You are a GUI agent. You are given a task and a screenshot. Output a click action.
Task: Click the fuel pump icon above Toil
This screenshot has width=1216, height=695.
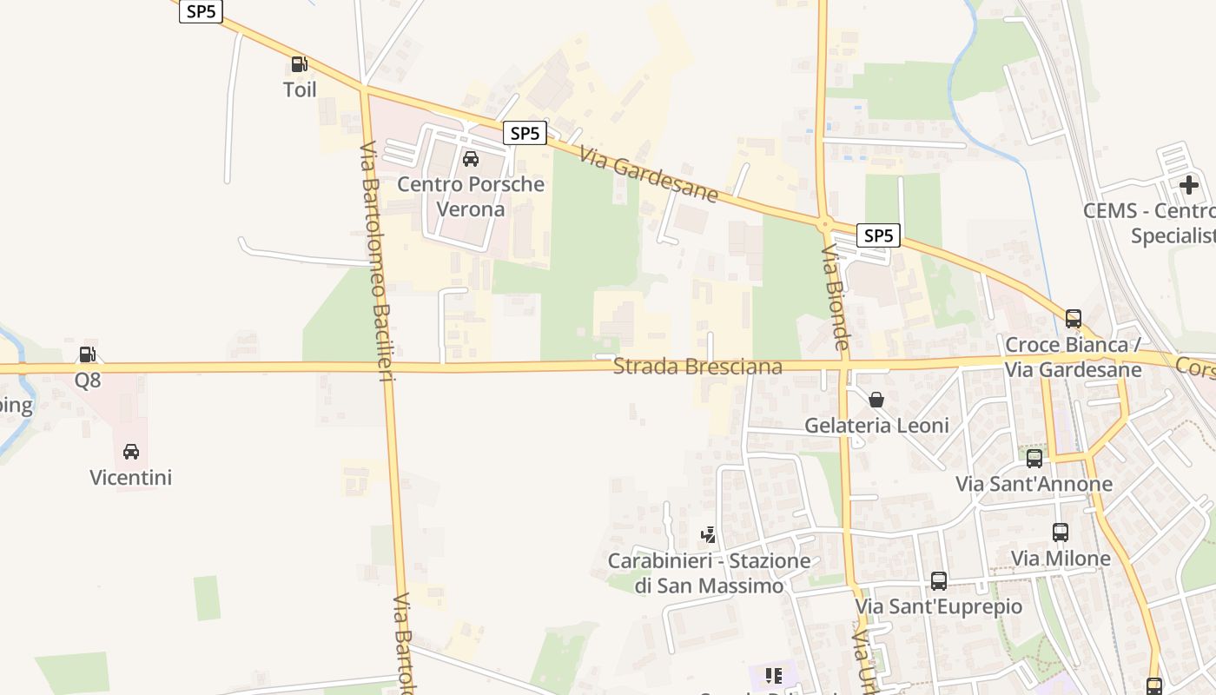[x=299, y=63]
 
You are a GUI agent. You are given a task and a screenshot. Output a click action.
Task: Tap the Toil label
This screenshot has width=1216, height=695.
[x=300, y=89]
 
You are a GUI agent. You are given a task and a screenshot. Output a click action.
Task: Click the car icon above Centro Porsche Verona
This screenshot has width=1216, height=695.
[x=471, y=158]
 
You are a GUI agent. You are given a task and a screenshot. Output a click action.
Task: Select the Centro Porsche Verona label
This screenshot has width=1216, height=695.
[x=471, y=196]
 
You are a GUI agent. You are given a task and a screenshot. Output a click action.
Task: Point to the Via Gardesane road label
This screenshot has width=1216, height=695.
[x=649, y=175]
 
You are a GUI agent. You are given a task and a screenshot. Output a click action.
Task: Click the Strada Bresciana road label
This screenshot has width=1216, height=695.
[x=697, y=367]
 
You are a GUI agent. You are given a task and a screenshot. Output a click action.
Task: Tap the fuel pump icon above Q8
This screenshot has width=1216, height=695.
[x=87, y=354]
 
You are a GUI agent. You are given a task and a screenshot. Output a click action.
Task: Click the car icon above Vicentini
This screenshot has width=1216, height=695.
[x=131, y=451]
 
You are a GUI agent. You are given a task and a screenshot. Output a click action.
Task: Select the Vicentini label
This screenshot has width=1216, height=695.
[x=131, y=477]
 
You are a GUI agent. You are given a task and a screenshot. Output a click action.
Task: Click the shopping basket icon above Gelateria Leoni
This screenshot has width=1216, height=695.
[x=876, y=400]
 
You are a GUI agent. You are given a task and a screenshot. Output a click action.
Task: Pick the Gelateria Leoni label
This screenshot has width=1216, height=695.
[x=876, y=426]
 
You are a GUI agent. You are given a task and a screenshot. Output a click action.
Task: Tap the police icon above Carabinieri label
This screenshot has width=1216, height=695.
[x=709, y=534]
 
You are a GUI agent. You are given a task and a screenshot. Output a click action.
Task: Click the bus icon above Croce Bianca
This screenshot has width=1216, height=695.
[x=1074, y=318]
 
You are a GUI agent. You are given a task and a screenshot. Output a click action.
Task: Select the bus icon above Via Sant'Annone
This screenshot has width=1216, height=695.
[x=1034, y=458]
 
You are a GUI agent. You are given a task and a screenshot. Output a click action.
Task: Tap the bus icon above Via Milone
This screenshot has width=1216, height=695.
[x=1061, y=532]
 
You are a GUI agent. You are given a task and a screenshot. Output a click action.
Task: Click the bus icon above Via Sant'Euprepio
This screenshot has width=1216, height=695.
[x=939, y=580]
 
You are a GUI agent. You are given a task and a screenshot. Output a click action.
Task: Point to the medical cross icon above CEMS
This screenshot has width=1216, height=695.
[x=1188, y=184]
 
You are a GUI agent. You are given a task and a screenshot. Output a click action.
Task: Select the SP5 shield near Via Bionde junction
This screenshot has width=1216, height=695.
[x=878, y=235]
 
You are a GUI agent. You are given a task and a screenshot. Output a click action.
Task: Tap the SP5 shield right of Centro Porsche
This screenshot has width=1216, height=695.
[x=525, y=133]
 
